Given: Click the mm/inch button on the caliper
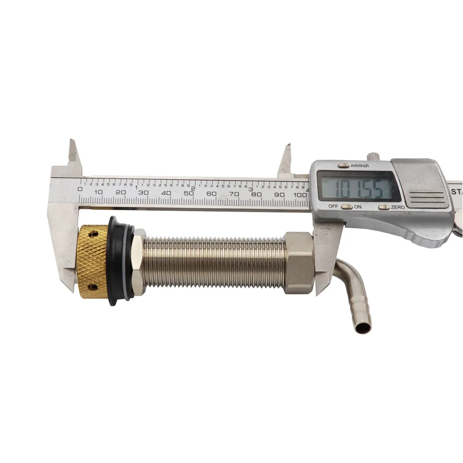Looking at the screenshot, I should (x=344, y=165).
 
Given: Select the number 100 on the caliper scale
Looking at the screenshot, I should (x=300, y=195).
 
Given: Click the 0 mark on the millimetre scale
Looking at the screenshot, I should (x=81, y=189).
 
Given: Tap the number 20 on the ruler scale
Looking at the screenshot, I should (x=121, y=192).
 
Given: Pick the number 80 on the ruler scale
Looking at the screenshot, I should (x=256, y=194).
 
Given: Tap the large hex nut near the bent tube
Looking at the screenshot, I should (x=299, y=263).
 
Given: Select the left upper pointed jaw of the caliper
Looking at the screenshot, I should (x=73, y=153).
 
